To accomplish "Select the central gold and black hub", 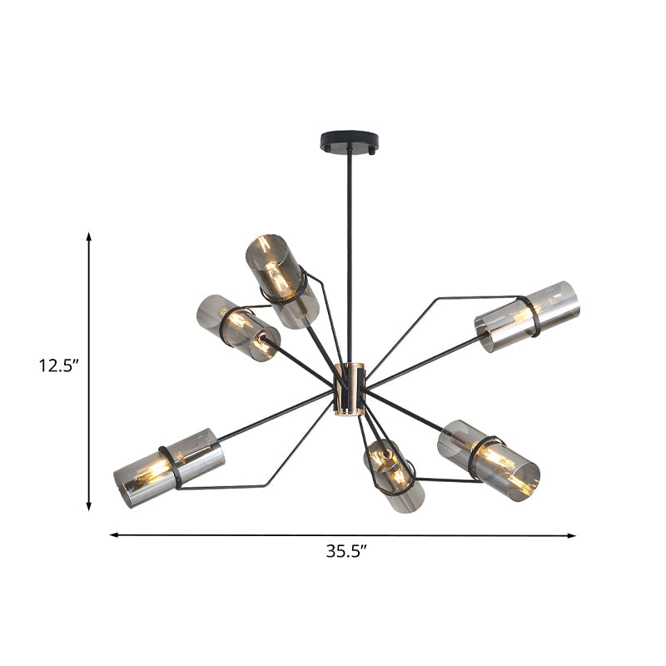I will (x=350, y=390).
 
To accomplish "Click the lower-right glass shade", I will (x=489, y=455).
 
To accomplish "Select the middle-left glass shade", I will (x=238, y=326).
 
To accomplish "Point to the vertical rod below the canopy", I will (x=349, y=250).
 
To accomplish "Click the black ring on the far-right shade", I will (x=528, y=316).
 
